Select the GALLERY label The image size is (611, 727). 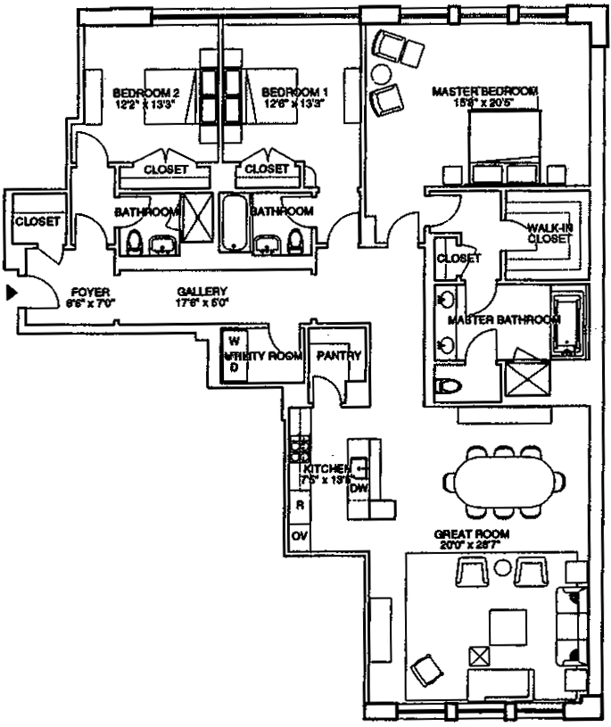[202, 291]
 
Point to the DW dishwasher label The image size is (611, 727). [359, 488]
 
